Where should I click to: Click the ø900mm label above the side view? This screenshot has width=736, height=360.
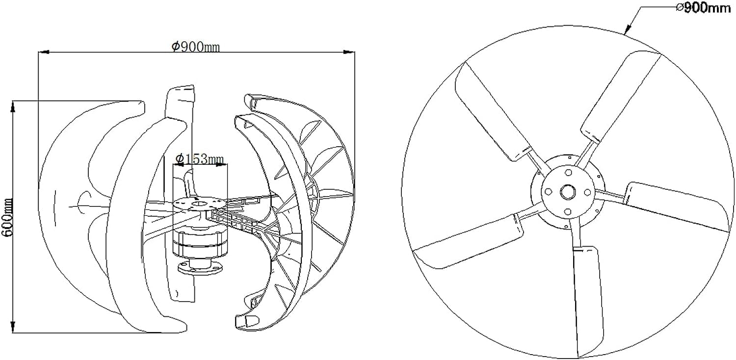(x=195, y=47)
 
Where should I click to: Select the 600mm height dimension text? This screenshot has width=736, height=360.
(x=7, y=216)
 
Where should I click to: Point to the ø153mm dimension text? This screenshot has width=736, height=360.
(x=200, y=158)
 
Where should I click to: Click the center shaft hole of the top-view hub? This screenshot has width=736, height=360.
(x=568, y=191)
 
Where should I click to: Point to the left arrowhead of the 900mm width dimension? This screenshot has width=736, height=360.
(x=42, y=51)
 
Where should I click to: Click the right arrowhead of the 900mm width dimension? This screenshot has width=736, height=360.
(x=351, y=51)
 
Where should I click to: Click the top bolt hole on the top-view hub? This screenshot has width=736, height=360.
(x=568, y=173)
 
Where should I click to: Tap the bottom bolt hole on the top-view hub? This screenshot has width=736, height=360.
(x=568, y=211)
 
